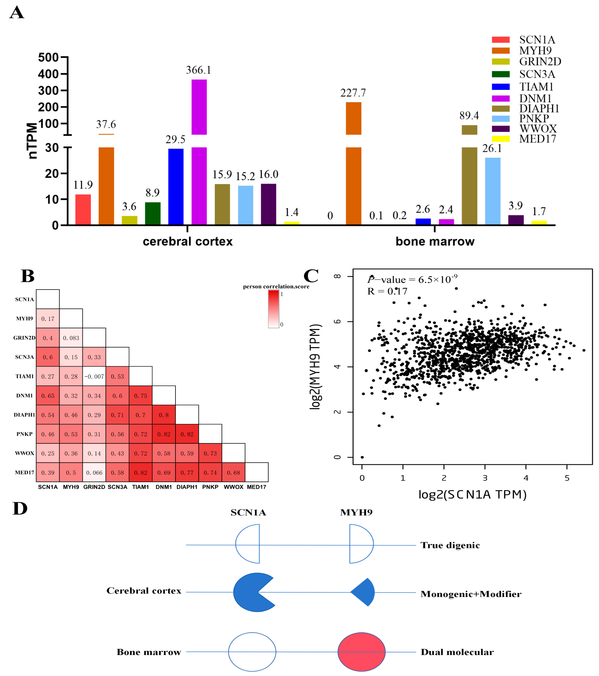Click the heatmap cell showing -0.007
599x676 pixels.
click(94, 376)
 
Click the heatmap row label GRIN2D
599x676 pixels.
click(24, 338)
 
